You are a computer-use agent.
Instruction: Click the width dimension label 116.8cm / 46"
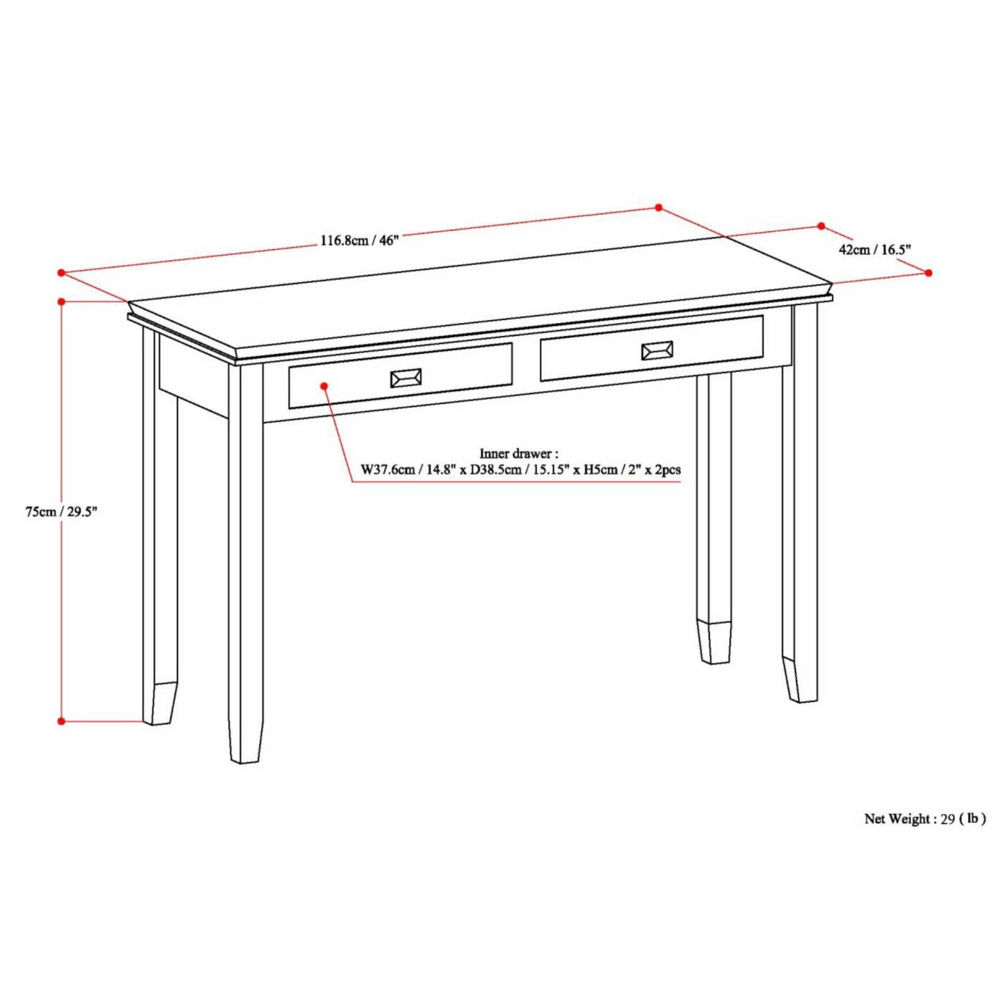[359, 240]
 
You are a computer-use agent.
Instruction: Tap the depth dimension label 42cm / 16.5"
[874, 250]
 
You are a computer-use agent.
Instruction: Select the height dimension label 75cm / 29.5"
[61, 512]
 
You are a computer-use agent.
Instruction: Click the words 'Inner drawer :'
[518, 454]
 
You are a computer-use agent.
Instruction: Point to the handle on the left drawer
[406, 378]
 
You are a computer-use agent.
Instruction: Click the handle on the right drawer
[657, 350]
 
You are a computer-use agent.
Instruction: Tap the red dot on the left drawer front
[324, 386]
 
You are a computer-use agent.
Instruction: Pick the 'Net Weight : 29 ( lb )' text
[925, 818]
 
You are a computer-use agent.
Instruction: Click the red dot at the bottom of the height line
[62, 721]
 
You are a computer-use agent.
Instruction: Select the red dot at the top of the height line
[62, 301]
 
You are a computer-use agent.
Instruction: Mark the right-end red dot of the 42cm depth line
[928, 273]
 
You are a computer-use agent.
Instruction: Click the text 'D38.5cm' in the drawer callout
[496, 470]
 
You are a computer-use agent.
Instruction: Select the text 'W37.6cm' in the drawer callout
[388, 470]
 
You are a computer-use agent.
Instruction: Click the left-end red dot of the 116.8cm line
[62, 273]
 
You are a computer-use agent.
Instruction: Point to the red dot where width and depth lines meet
[658, 207]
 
